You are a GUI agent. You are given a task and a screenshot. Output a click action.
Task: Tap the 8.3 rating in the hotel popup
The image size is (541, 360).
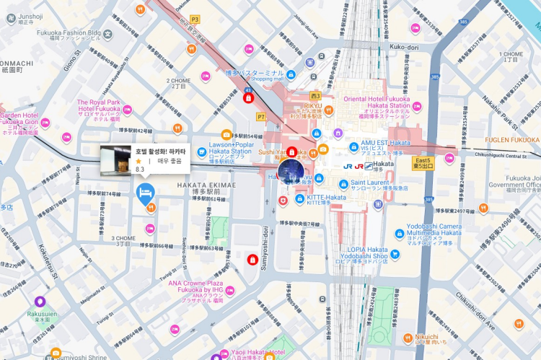click(140, 170)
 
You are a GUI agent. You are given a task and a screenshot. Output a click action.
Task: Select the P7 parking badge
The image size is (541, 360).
click(260, 116)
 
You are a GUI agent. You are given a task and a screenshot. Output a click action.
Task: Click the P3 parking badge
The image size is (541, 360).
click(195, 19)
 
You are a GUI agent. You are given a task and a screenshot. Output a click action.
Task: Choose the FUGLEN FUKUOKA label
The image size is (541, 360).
click(514, 139)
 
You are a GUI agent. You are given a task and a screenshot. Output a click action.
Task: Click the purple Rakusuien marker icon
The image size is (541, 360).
click(39, 302)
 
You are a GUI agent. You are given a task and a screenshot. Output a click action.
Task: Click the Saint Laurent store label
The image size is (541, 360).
click(379, 185)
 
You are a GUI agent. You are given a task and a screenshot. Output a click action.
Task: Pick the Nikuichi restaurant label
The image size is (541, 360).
click(426, 338)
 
